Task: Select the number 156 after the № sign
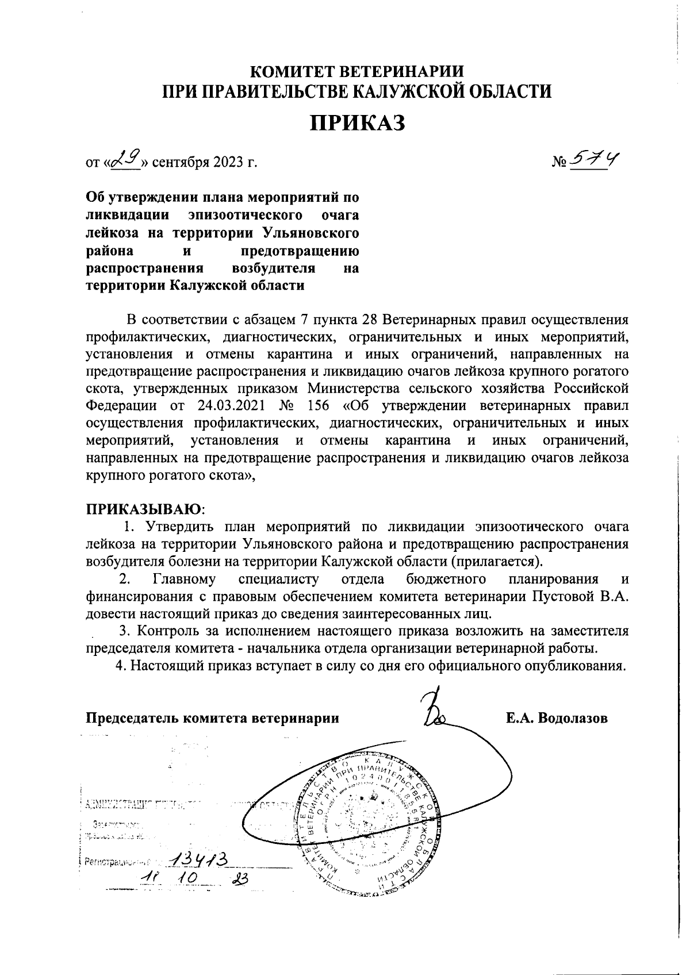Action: (315, 405)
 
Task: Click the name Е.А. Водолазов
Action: (557, 718)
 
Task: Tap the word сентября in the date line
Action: (174, 163)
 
